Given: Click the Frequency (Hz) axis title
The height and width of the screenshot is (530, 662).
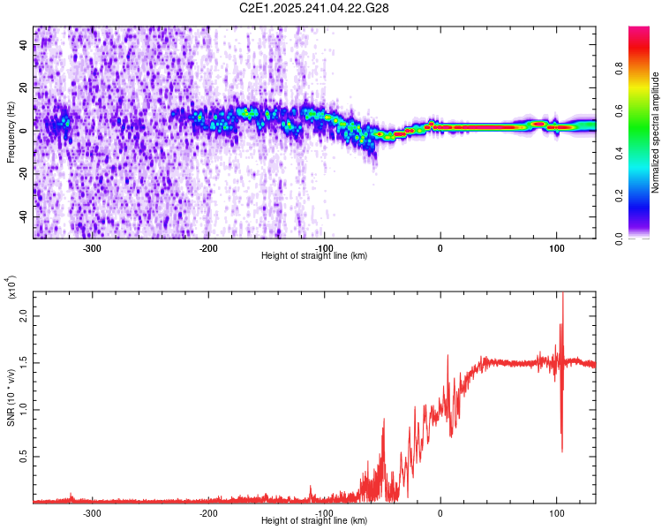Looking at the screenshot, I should [11, 132].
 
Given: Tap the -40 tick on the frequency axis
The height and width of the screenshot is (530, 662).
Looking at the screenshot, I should [22, 216].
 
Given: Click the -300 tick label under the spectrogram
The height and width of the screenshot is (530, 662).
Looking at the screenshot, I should [93, 248].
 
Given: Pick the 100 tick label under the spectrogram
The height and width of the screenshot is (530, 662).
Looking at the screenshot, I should [556, 248].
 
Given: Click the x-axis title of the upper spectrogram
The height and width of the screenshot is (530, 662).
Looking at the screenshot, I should [314, 256].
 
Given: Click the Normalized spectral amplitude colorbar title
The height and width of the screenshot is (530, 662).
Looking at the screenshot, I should [656, 132].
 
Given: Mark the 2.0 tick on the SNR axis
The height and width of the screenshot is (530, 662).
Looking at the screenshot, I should [24, 315].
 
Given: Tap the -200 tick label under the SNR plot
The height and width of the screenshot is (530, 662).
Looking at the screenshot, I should [208, 513].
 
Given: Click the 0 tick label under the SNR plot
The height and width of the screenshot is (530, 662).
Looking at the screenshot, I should [440, 513].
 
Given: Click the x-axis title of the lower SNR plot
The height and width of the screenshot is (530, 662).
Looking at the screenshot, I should [314, 521].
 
